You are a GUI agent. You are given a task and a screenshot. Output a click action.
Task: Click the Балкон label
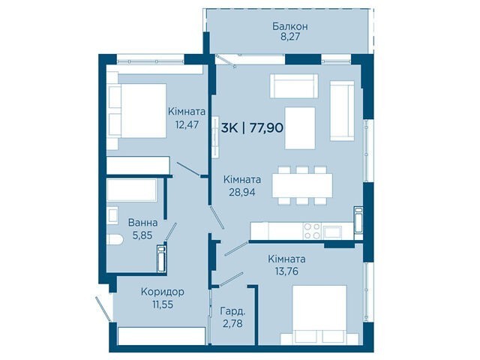click(x=290, y=26)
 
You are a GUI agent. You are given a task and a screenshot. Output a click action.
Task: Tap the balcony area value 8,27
click(x=290, y=37)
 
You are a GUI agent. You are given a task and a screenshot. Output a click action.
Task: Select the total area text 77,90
click(x=266, y=127)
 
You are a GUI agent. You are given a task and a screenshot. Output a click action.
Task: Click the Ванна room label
click(x=142, y=223)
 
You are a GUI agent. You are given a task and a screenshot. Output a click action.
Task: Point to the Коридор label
click(x=163, y=292)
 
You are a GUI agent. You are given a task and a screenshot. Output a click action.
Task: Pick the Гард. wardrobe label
click(x=233, y=312)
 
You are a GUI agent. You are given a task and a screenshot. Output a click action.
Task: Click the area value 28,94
click(x=242, y=192)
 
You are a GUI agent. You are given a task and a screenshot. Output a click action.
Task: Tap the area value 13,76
click(x=286, y=271)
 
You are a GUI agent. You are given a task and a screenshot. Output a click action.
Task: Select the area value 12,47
click(x=187, y=124)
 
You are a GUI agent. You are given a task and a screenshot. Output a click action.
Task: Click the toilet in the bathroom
click(x=115, y=239)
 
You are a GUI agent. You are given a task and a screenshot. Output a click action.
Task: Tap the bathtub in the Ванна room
click(x=132, y=190)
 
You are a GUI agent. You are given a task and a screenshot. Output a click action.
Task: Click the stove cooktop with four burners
click(x=312, y=231)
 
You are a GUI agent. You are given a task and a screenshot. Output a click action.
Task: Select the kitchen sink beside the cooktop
click(x=333, y=232)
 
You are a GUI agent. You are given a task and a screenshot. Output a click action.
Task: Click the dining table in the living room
click(x=302, y=185)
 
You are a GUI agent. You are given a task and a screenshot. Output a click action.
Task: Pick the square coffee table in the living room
click(x=300, y=128)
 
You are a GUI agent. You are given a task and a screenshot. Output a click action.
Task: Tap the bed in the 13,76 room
click(x=319, y=315)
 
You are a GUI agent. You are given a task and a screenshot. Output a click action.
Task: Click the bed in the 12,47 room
click(x=137, y=110)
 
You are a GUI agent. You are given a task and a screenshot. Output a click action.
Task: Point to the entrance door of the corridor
click(x=103, y=308)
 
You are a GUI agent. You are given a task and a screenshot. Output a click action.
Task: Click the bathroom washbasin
click(x=112, y=214)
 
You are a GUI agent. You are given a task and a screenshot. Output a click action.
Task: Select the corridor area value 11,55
click(x=163, y=304)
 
